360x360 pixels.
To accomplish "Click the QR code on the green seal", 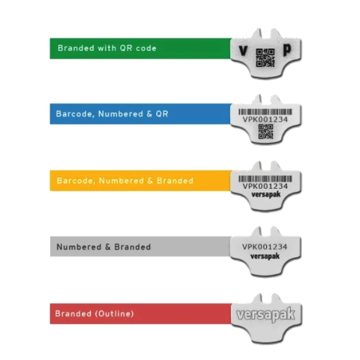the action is [265, 57].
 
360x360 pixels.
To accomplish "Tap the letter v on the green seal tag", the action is [243, 50].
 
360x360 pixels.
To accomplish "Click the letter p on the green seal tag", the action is [287, 49].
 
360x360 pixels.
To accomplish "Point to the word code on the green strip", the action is [146, 48].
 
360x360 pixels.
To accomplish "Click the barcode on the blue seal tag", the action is [265, 112].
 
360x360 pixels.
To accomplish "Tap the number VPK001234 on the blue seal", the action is [265, 119].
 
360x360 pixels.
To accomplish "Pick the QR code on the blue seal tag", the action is [265, 131].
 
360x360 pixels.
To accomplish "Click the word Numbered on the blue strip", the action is [121, 114].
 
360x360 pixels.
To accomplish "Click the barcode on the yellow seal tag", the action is [265, 178].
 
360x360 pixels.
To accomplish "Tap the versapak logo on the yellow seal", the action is [266, 194].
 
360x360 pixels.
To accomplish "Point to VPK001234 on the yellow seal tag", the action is [265, 186].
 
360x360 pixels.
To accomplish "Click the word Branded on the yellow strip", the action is [175, 181].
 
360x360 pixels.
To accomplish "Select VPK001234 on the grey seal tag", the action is [264, 247].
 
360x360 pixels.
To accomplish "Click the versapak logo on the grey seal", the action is [265, 256].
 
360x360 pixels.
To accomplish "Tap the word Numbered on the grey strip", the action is [79, 247].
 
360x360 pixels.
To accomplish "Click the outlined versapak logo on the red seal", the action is [265, 315].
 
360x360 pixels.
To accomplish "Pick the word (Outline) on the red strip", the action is [115, 314].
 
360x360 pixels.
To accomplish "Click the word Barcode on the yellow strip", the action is [76, 181].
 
